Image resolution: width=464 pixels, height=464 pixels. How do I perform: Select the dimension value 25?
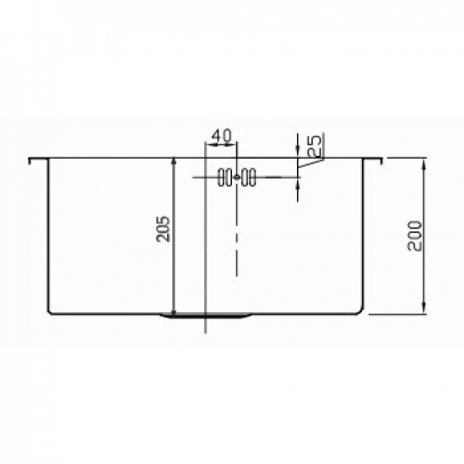coord(314,145)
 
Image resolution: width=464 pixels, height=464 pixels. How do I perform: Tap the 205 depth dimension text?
coord(164,229)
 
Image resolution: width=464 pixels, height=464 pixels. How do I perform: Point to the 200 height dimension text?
coord(413,235)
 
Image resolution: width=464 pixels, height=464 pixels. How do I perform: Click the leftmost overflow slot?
coord(221,177)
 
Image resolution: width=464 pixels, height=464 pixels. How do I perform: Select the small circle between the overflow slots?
coord(237,177)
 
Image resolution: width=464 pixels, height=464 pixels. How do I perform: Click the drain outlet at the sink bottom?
coord(206,316)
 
